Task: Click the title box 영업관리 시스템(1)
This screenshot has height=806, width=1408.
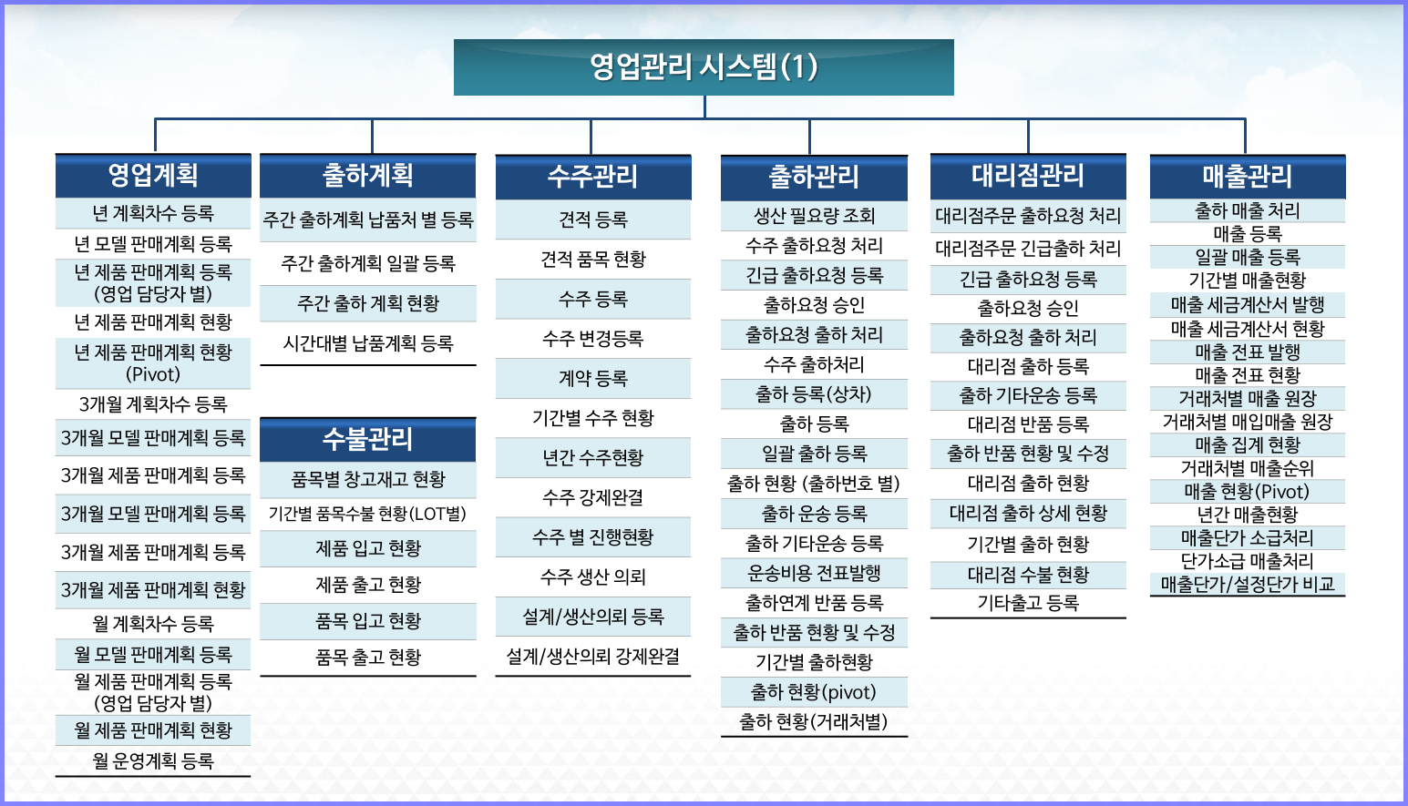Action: coord(704,67)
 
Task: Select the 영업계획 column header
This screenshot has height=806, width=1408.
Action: coord(153,176)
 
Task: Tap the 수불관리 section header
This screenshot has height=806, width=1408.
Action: coord(367,439)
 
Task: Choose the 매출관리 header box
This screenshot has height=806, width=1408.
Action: coord(1247,177)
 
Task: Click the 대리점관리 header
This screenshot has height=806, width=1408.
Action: coord(1028,177)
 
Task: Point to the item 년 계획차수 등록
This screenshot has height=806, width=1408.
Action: coord(153,214)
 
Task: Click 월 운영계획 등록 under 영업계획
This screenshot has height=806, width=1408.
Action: coord(153,761)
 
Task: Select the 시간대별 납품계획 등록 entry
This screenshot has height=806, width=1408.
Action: coord(367,343)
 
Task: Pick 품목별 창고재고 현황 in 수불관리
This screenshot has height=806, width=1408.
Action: coord(367,480)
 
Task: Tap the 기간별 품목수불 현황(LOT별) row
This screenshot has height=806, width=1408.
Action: coord(367,514)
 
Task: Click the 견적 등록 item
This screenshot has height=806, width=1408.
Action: coord(592,219)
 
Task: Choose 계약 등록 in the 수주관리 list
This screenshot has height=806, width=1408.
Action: coord(592,378)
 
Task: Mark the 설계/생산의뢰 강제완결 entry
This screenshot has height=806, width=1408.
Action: coord(592,658)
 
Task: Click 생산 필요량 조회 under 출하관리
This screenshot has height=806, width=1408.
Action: coord(814,216)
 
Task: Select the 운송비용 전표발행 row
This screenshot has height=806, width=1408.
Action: coord(814,573)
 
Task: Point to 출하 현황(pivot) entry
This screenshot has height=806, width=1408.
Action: coord(814,692)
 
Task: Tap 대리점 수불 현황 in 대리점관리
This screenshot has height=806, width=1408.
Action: coord(1028,574)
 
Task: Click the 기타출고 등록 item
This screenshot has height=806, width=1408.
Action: coord(1028,603)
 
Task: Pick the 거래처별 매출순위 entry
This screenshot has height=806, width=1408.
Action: coord(1247,468)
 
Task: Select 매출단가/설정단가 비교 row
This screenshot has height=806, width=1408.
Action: coord(1247,585)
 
